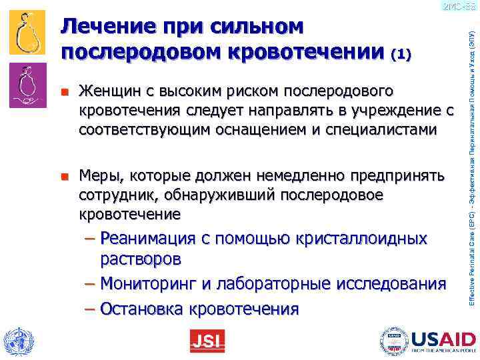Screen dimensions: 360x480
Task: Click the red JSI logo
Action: pos(207,341)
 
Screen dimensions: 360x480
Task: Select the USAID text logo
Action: pos(441,339)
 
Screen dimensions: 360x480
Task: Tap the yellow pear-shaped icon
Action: pos(27,33)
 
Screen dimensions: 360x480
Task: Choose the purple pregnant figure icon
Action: pos(27,84)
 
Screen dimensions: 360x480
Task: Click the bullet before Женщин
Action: pos(65,91)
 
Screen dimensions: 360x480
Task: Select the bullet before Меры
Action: pos(65,177)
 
